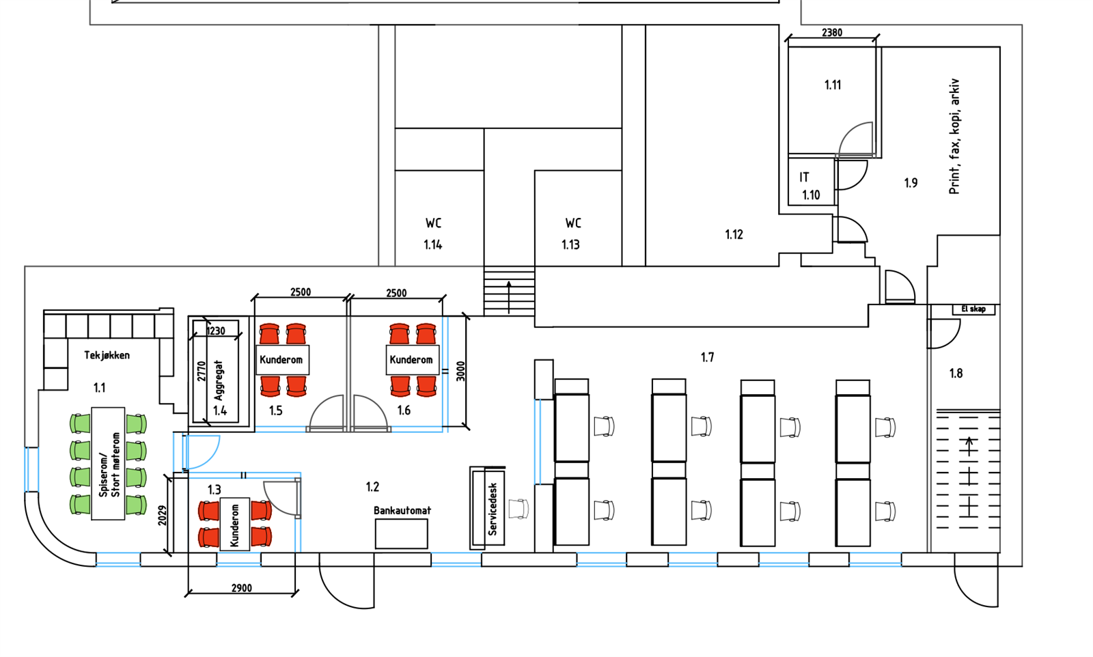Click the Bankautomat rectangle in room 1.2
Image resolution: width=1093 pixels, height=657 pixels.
tap(401, 533)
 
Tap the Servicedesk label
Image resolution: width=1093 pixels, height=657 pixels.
tap(493, 509)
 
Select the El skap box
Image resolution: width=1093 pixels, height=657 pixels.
tap(973, 309)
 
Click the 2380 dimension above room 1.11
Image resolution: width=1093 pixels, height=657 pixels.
tap(832, 33)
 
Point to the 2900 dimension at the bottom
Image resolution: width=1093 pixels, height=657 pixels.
tap(242, 588)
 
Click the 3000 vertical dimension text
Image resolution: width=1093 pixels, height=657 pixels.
tap(460, 371)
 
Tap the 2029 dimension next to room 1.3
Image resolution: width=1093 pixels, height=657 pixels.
tap(163, 516)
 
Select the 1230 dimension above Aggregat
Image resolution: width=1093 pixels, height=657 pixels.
tap(216, 331)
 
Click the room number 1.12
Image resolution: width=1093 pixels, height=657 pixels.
tap(734, 235)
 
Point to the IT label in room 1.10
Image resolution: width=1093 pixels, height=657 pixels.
tap(804, 177)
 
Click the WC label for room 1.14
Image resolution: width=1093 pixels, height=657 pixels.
tap(433, 223)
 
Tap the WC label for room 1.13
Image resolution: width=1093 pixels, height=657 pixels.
tap(573, 223)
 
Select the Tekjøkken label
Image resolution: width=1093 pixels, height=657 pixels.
tap(107, 355)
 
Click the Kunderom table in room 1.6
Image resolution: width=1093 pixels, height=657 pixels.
tap(413, 360)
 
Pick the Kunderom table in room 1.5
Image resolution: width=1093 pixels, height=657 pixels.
tap(282, 360)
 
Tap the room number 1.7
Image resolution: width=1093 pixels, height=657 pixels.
tap(708, 357)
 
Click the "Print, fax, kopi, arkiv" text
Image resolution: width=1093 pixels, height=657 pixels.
tap(954, 137)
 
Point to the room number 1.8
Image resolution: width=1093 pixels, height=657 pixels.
tap(956, 374)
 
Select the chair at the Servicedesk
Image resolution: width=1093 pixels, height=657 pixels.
tap(518, 509)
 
